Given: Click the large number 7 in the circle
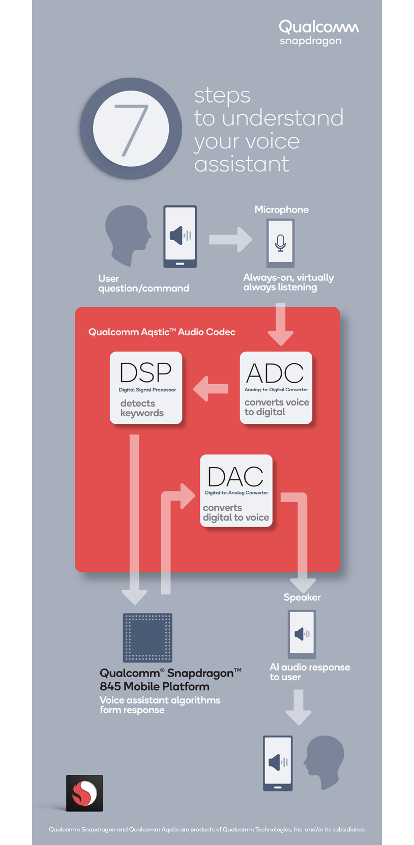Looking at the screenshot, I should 131,129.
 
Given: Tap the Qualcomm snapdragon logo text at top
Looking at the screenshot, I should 318,33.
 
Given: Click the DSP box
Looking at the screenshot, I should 146,388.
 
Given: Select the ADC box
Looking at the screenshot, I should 276,388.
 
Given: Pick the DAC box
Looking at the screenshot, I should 236,490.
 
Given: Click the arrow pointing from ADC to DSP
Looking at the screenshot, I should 210,389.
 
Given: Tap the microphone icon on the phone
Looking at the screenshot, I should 280,243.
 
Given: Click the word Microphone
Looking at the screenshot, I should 281,210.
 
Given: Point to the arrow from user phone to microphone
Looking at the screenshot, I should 230,239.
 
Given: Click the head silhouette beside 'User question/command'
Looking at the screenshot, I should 127,234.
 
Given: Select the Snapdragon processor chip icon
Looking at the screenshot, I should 147,637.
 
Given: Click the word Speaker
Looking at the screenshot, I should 302,597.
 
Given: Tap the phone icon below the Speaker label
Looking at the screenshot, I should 302,634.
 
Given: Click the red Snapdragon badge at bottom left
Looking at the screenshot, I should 84,793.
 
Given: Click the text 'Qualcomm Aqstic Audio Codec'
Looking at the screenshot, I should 162,332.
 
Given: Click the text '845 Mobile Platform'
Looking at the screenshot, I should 154,686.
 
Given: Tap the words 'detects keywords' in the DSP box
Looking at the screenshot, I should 142,408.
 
